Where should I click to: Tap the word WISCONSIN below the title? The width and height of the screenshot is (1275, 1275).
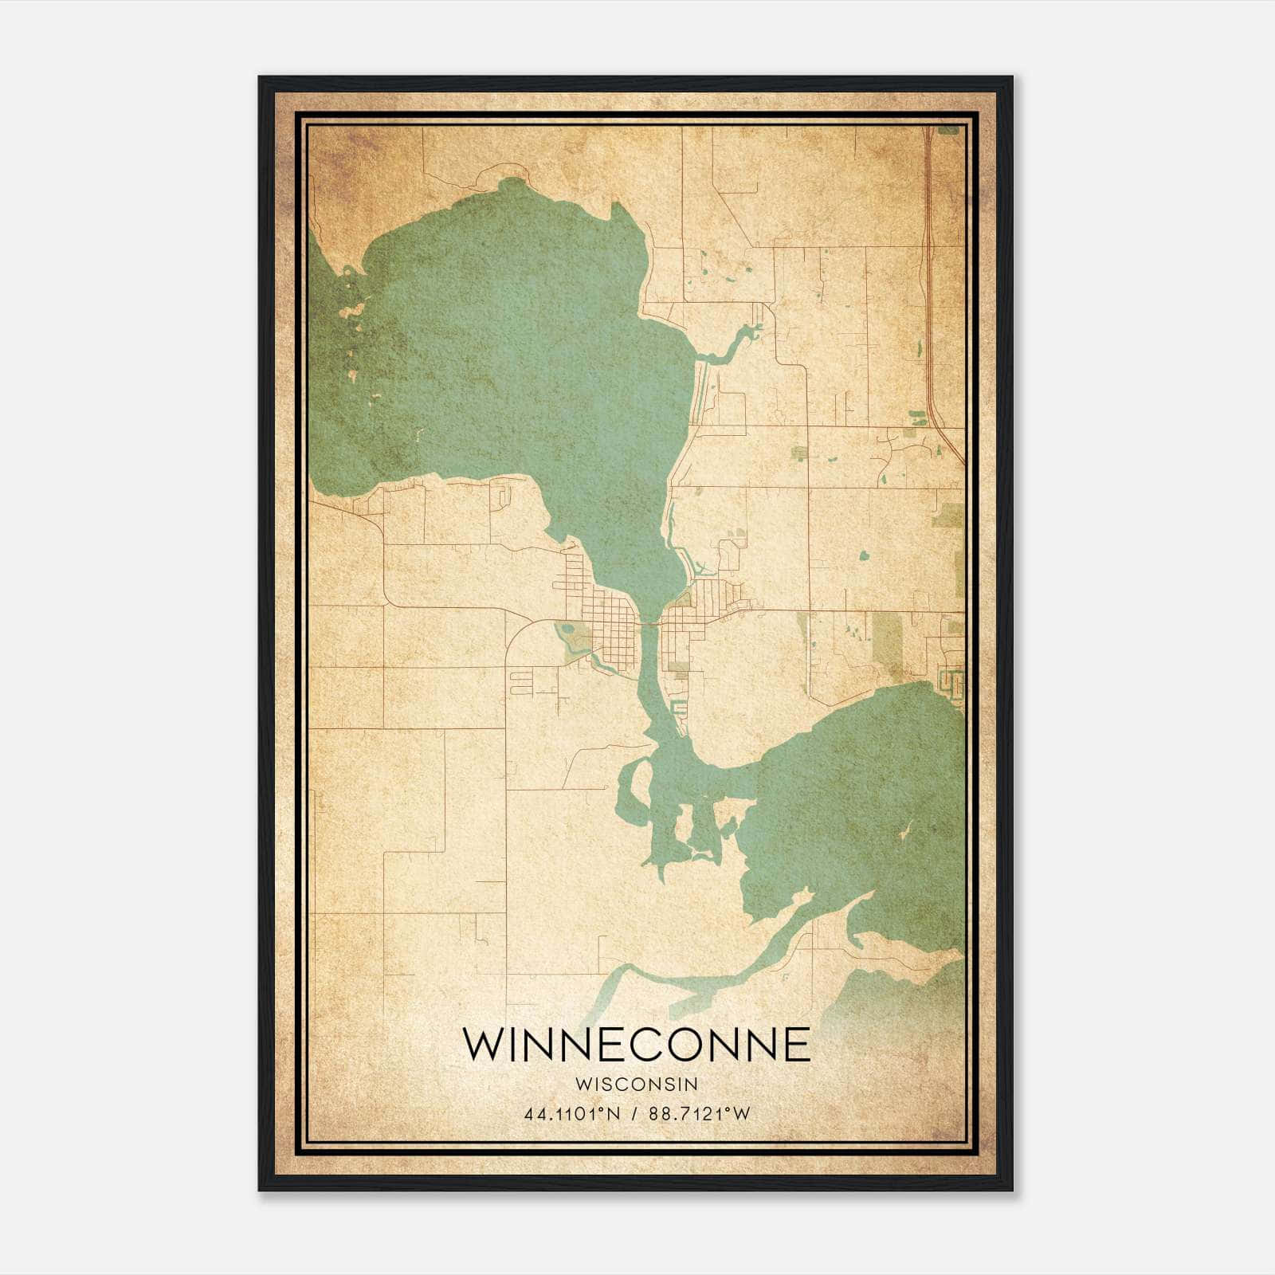click(637, 1084)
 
